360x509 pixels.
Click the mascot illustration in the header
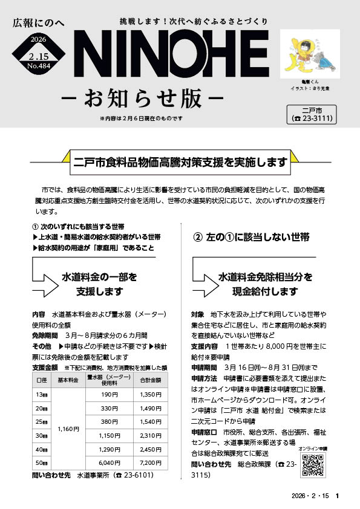pyautogui.click(x=305, y=51)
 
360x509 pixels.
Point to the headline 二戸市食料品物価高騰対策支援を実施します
pyautogui.click(x=180, y=162)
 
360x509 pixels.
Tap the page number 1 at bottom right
pyautogui.click(x=337, y=496)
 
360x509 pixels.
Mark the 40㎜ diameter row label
pyautogui.click(x=42, y=449)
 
